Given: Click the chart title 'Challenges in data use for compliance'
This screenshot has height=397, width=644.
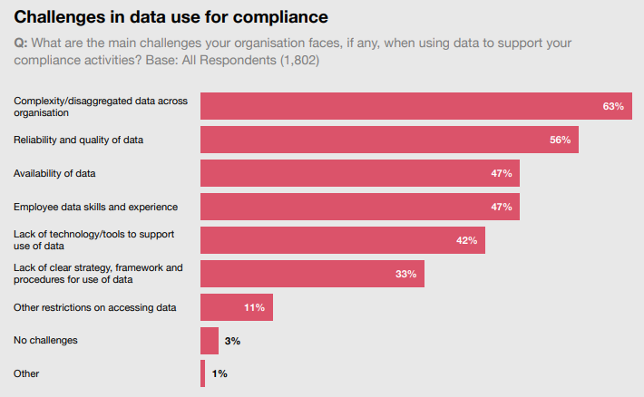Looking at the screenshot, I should pyautogui.click(x=171, y=17).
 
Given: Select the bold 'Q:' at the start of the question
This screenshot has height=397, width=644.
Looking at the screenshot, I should pyautogui.click(x=22, y=44).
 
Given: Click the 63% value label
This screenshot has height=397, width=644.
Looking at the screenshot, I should pyautogui.click(x=613, y=106).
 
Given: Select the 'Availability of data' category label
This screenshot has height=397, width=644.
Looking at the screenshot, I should pyautogui.click(x=54, y=173).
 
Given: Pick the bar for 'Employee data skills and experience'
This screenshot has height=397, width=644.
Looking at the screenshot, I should pyautogui.click(x=359, y=207).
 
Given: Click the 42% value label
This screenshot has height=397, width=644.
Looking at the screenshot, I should pyautogui.click(x=466, y=240).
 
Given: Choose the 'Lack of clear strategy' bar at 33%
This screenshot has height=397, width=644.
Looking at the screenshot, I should pyautogui.click(x=312, y=274).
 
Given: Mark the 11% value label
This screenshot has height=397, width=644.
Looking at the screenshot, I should pyautogui.click(x=254, y=307).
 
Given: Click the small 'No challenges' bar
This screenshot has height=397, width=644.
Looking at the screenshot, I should pyautogui.click(x=210, y=341).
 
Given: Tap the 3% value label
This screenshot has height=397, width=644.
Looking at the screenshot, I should pyautogui.click(x=232, y=341).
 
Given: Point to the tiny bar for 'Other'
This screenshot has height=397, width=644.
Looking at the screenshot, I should pyautogui.click(x=203, y=373).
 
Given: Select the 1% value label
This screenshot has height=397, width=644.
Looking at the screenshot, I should pyautogui.click(x=219, y=373).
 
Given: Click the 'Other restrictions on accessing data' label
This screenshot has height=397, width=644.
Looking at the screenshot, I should pyautogui.click(x=95, y=307).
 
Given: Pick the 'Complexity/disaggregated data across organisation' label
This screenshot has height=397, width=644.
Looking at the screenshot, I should pyautogui.click(x=100, y=107).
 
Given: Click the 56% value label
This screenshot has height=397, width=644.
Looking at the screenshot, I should pyautogui.click(x=560, y=140).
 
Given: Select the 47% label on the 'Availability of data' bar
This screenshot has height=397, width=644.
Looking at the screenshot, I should pyautogui.click(x=502, y=173).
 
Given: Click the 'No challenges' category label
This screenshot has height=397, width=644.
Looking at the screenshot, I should pyautogui.click(x=45, y=341).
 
